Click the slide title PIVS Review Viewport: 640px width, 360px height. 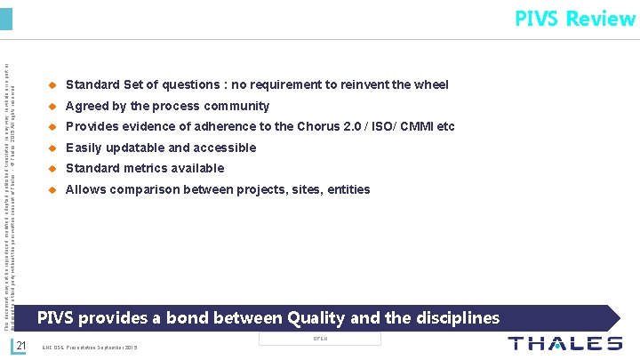[x=574, y=19]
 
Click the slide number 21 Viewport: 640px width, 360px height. [x=24, y=346]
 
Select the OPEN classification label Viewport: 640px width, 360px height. [x=320, y=339]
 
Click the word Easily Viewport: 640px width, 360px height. [x=84, y=148]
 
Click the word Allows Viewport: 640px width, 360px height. [x=85, y=189]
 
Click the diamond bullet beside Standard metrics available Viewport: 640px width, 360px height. [x=52, y=169]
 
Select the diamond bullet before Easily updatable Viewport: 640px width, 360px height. [x=52, y=148]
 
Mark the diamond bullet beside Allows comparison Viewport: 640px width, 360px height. [x=52, y=189]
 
